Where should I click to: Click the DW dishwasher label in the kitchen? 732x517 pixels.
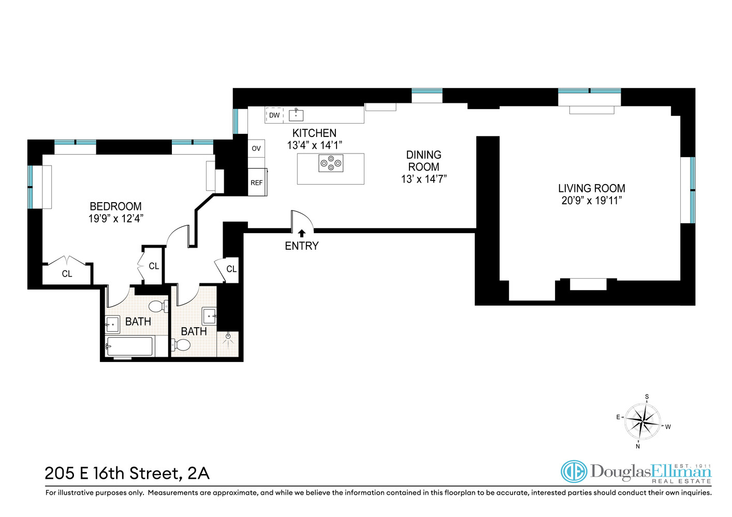point(274,115)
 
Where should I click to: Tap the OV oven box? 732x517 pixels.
point(256,148)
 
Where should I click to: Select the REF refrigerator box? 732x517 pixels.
point(257,183)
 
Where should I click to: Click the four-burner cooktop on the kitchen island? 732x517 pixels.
point(331,163)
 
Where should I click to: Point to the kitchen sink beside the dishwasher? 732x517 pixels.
point(296,115)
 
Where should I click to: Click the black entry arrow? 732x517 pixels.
point(302,233)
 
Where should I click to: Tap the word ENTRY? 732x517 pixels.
point(302,246)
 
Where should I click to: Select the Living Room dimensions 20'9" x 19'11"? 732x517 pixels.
point(591,201)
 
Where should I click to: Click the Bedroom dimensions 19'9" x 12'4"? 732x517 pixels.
point(115,218)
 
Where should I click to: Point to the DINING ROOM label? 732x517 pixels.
point(423,161)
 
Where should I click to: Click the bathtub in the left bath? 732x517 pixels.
point(129,346)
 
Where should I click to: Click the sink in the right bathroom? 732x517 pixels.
point(209,315)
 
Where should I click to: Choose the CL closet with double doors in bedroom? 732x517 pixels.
point(67,273)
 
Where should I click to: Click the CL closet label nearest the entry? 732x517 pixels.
point(231,269)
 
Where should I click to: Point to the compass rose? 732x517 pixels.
point(642,421)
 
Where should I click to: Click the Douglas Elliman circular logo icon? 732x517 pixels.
point(574,472)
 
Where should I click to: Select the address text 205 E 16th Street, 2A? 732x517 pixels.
point(127,473)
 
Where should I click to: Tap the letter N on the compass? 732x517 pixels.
point(638,446)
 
